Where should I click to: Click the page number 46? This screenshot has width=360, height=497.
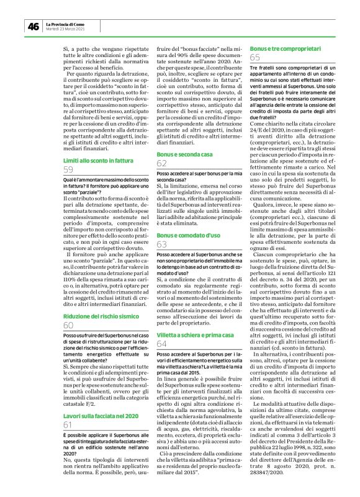(33, 26)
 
